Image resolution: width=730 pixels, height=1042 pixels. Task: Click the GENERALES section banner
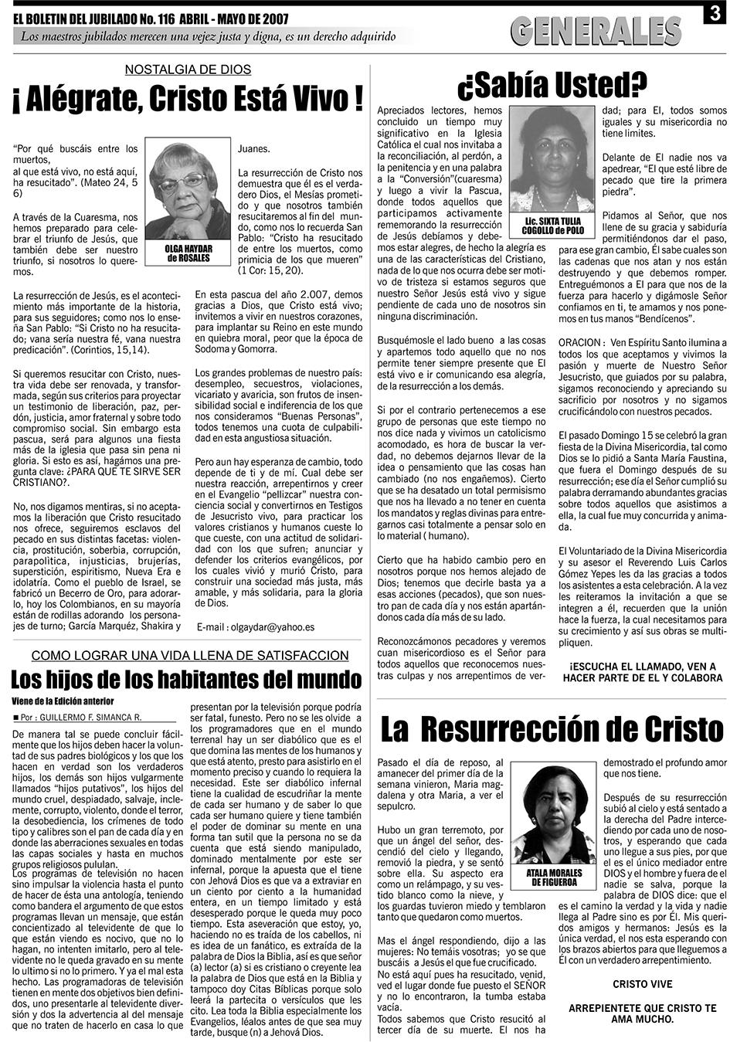click(596, 31)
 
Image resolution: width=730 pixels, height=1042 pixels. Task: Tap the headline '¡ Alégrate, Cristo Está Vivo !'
click(187, 100)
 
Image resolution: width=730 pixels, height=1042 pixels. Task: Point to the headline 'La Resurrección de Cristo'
click(552, 728)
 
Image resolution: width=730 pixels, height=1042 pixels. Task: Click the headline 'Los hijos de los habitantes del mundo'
click(186, 679)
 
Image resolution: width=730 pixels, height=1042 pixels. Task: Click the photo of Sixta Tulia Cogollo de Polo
click(553, 161)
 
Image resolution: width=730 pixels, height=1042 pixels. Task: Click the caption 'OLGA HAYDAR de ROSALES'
click(187, 254)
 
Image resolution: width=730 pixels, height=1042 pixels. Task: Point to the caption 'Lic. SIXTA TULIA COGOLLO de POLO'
click(553, 226)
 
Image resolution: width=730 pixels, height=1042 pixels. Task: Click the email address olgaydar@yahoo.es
click(256, 627)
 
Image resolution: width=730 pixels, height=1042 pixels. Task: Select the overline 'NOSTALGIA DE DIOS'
click(188, 70)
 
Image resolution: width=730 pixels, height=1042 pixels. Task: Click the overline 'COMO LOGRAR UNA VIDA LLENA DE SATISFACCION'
click(190, 656)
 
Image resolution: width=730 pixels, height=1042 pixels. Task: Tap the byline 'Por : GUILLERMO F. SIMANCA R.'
click(81, 716)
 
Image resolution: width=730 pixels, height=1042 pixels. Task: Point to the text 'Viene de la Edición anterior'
click(63, 701)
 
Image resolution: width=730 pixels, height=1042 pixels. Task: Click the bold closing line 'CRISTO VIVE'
click(642, 984)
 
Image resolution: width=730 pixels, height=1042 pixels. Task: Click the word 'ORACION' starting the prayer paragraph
click(579, 341)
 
